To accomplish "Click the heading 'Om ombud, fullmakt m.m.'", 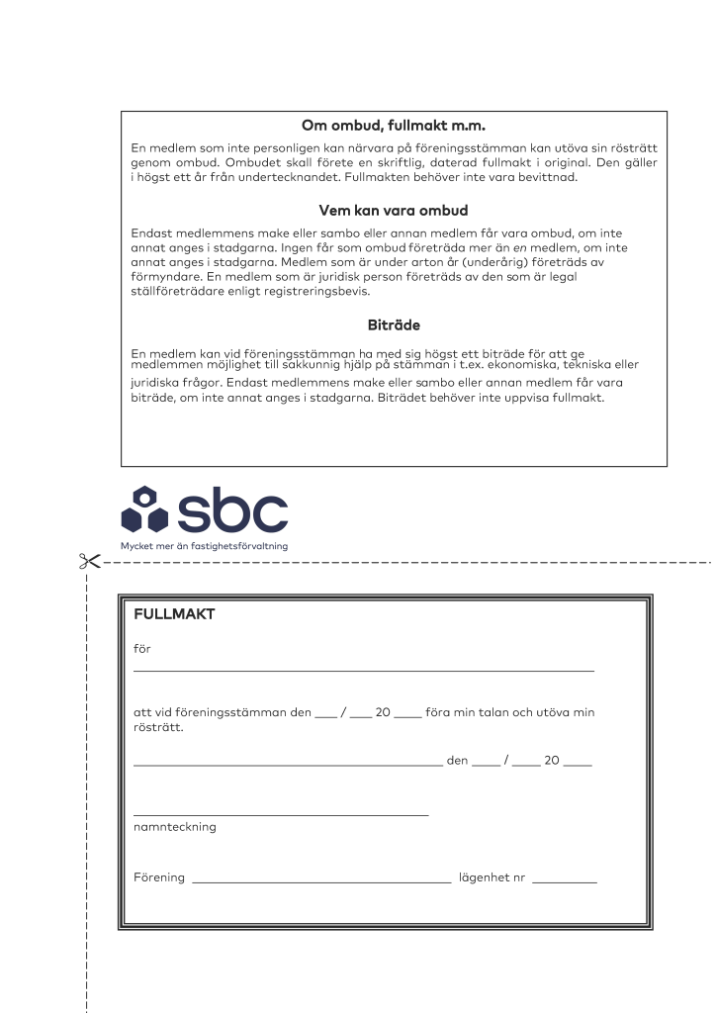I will click(x=394, y=126).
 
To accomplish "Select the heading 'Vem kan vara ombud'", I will click(x=394, y=211).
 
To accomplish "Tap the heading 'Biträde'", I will click(x=394, y=323).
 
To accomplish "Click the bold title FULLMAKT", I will click(x=174, y=614).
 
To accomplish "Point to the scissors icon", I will click(x=89, y=562).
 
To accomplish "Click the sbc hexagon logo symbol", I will click(x=144, y=509).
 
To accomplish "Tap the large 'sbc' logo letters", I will click(x=229, y=509).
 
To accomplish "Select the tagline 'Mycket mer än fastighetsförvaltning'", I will click(x=198, y=545).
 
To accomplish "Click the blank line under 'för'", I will click(x=364, y=671).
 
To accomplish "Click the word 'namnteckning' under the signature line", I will click(x=174, y=827).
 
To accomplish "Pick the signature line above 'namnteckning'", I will click(x=281, y=814).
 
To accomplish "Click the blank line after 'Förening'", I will click(x=322, y=880).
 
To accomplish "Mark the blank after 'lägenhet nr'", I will click(x=564, y=880).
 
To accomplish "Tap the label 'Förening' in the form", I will click(x=159, y=877).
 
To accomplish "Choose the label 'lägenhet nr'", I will click(x=492, y=877).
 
